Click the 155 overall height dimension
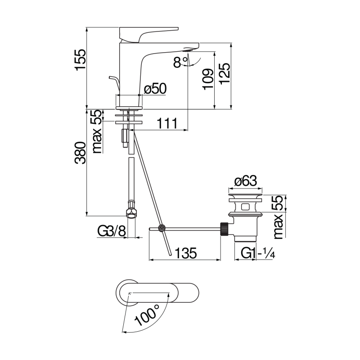(x=80, y=59)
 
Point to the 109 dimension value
(x=207, y=79)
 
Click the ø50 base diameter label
(x=155, y=89)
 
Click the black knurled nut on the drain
(x=224, y=229)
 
